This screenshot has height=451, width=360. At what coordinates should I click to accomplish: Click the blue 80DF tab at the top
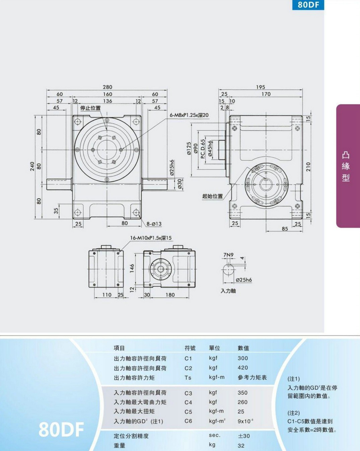click(308, 5)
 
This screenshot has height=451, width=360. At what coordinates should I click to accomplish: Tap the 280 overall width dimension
click(107, 87)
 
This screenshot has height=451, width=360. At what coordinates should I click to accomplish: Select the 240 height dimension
click(32, 167)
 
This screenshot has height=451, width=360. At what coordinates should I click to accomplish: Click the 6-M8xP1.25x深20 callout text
click(189, 115)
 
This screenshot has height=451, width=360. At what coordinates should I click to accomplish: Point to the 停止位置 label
click(90, 108)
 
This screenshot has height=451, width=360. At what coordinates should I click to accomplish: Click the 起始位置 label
click(213, 196)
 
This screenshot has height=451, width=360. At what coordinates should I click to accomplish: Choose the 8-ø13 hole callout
click(154, 224)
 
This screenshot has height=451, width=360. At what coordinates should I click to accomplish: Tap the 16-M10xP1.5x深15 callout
click(151, 238)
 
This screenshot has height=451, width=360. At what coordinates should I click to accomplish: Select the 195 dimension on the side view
click(261, 87)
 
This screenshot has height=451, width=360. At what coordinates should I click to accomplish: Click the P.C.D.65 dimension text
click(203, 149)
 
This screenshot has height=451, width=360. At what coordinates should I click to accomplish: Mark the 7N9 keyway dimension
click(228, 255)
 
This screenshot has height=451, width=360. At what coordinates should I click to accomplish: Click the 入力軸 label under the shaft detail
click(228, 291)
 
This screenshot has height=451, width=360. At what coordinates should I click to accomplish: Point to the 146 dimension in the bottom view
click(132, 268)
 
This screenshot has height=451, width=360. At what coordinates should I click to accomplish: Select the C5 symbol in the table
click(188, 412)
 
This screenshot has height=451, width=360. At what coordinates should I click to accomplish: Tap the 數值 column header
click(243, 348)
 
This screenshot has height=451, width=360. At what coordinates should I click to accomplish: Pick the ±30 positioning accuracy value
click(244, 436)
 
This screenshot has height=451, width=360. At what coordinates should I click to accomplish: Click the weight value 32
click(241, 446)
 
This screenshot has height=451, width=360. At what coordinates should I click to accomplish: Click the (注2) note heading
click(294, 413)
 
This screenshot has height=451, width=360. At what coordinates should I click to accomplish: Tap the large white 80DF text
click(61, 429)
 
